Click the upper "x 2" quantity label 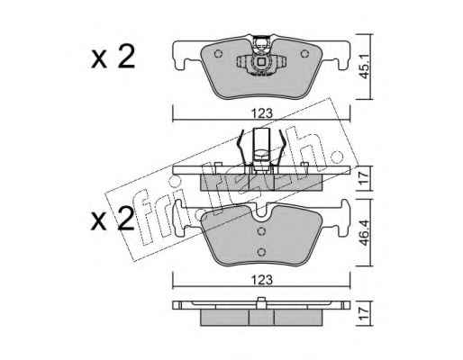click(x=113, y=57)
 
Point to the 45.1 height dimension click(x=365, y=67)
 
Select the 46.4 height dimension click(x=365, y=233)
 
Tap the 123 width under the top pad click(x=262, y=113)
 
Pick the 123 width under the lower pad click(x=262, y=280)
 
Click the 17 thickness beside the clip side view click(x=365, y=178)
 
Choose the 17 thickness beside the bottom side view click(x=365, y=313)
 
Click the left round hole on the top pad click(x=218, y=54)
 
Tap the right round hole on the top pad click(x=304, y=54)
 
